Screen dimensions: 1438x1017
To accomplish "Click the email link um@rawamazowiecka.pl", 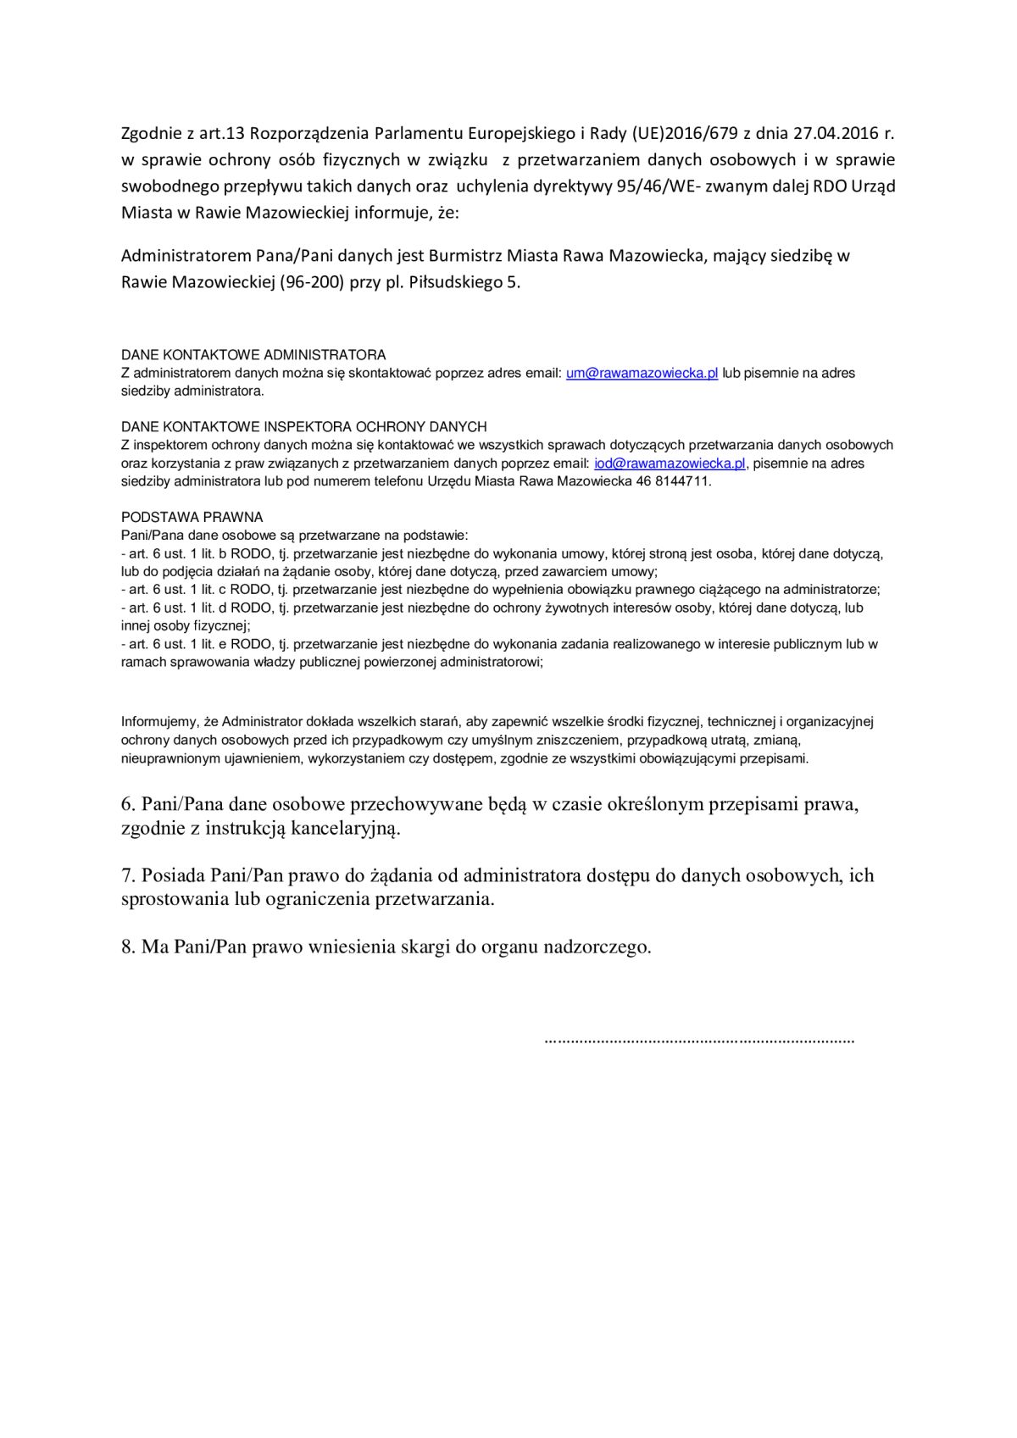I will click(x=642, y=374).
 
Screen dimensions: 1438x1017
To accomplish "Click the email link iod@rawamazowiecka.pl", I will click(x=670, y=464).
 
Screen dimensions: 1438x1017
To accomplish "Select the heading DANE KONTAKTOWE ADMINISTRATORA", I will click(x=253, y=355).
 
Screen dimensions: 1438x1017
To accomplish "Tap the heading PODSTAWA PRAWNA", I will click(x=192, y=517).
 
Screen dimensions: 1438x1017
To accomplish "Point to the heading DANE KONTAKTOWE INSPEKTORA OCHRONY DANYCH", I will click(x=303, y=427).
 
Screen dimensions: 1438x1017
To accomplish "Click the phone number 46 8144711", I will click(x=679, y=481).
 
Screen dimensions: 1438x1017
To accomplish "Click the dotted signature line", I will click(x=698, y=1039).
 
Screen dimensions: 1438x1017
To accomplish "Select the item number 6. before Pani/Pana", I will click(x=129, y=803).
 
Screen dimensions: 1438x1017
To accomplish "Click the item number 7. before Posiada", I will click(x=129, y=874).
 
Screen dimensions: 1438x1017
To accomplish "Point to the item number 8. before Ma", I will click(x=129, y=947).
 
